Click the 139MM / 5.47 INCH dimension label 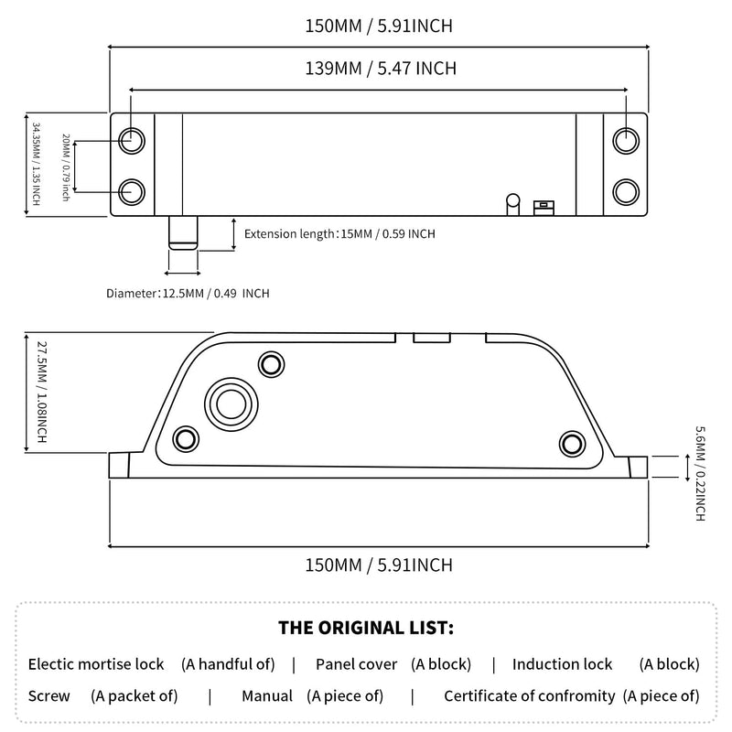(381, 68)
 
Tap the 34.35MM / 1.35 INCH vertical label (36, 164)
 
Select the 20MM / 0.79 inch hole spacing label (66, 167)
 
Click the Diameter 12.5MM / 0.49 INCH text (188, 293)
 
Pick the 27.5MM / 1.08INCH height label (41, 393)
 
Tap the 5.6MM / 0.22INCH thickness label (700, 473)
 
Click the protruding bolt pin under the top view (183, 232)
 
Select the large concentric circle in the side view (231, 404)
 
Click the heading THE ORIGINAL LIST (366, 628)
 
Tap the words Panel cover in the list (356, 664)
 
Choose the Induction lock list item (562, 664)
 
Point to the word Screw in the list (49, 696)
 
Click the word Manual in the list (267, 696)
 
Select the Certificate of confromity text (530, 696)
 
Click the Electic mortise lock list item (96, 664)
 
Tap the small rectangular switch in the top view (544, 208)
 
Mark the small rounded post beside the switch (513, 204)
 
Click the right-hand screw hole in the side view (573, 444)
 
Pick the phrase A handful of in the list (228, 664)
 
